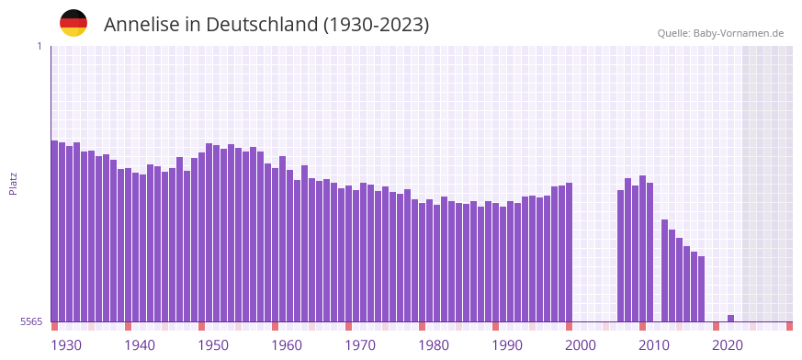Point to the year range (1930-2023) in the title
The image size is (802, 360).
tap(376, 25)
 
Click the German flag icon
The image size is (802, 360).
tap(73, 23)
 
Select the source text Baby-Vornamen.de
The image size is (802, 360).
tap(739, 33)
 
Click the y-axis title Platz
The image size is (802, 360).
tap(13, 183)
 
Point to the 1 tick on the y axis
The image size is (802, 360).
tap(39, 46)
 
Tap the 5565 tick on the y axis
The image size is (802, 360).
tap(30, 321)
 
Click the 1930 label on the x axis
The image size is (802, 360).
tap(66, 345)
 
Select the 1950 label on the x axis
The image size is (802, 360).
tap(213, 345)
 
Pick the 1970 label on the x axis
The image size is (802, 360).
tap(360, 345)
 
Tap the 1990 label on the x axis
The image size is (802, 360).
tap(507, 345)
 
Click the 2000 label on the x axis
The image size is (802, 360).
tap(581, 345)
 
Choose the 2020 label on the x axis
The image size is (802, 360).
tap(728, 345)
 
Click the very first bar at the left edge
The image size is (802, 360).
tap(54, 230)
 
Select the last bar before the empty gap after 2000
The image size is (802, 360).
tap(569, 253)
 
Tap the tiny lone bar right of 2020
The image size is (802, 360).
tap(730, 318)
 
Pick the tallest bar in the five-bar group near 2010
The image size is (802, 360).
tap(642, 248)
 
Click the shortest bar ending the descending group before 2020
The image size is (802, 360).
tap(701, 288)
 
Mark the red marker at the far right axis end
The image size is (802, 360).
tap(789, 326)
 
